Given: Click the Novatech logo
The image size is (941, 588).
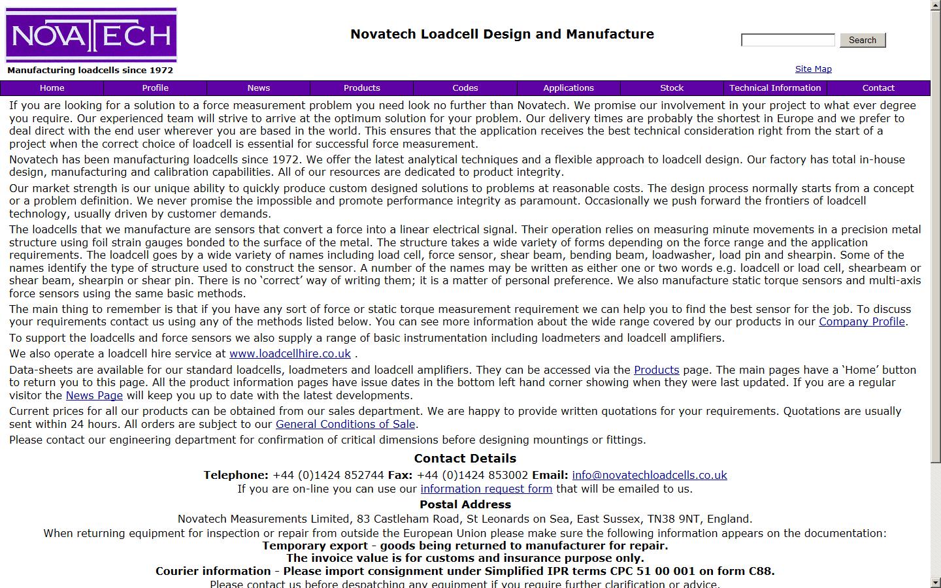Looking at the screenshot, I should point(91,35).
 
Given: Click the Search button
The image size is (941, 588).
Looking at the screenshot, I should point(862,40).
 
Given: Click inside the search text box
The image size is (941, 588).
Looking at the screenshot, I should point(787,41).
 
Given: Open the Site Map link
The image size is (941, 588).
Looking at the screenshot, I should point(813,69).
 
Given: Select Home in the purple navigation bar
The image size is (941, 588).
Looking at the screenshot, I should point(52,88).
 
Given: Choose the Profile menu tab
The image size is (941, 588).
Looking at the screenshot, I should point(155,88).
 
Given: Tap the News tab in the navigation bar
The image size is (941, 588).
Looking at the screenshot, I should point(258,88).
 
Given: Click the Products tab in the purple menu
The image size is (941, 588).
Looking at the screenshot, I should point(361,88).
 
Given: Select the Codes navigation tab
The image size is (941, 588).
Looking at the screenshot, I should point(465,88).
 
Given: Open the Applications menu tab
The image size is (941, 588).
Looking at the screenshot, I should point(568,88).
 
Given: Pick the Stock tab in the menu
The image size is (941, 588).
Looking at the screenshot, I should point(671,88).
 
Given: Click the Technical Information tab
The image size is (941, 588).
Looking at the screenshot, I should point(774,88).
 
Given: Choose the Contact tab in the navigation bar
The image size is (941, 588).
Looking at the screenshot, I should point(878,88).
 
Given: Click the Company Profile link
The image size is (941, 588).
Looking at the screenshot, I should point(861,321).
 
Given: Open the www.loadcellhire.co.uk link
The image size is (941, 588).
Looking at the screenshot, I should point(289,353).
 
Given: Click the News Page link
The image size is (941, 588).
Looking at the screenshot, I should point(94,395).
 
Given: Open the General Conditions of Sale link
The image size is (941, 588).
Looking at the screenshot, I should point(345,424).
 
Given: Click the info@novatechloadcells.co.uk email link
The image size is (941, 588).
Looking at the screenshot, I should point(649,475).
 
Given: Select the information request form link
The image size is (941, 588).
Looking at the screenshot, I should point(486,489).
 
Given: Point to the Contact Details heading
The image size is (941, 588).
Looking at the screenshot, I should point(465,458).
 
